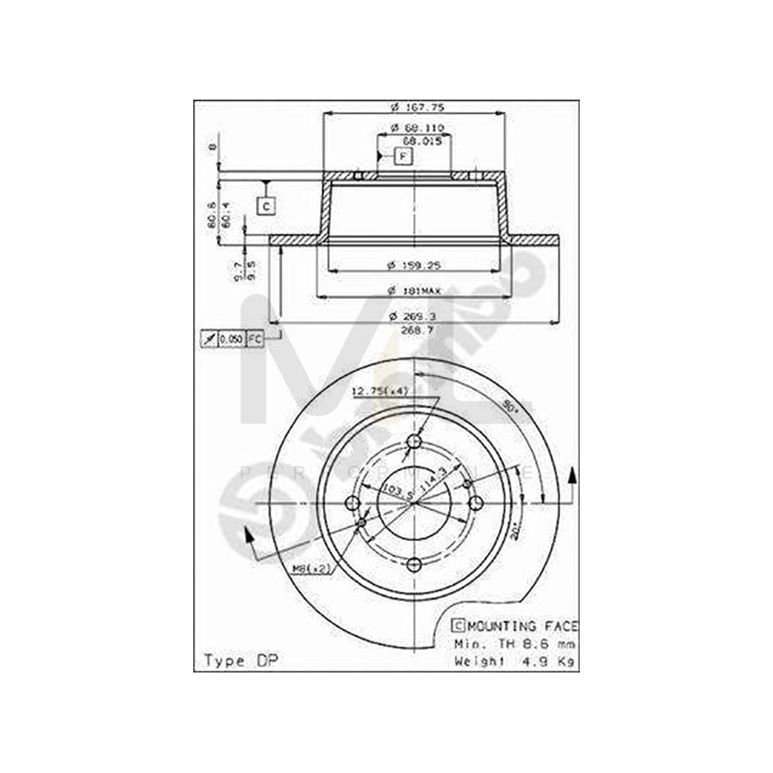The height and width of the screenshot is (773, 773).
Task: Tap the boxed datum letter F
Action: click(x=404, y=156)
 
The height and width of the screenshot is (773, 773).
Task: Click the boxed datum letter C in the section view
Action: click(x=266, y=205)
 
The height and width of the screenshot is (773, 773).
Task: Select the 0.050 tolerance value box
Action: click(x=230, y=339)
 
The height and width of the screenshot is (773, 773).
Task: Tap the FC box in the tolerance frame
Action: click(x=254, y=339)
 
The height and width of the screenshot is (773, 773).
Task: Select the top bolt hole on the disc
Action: click(x=416, y=442)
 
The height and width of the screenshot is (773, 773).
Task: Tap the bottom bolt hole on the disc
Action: click(x=416, y=563)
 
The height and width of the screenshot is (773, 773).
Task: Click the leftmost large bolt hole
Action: click(x=353, y=503)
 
